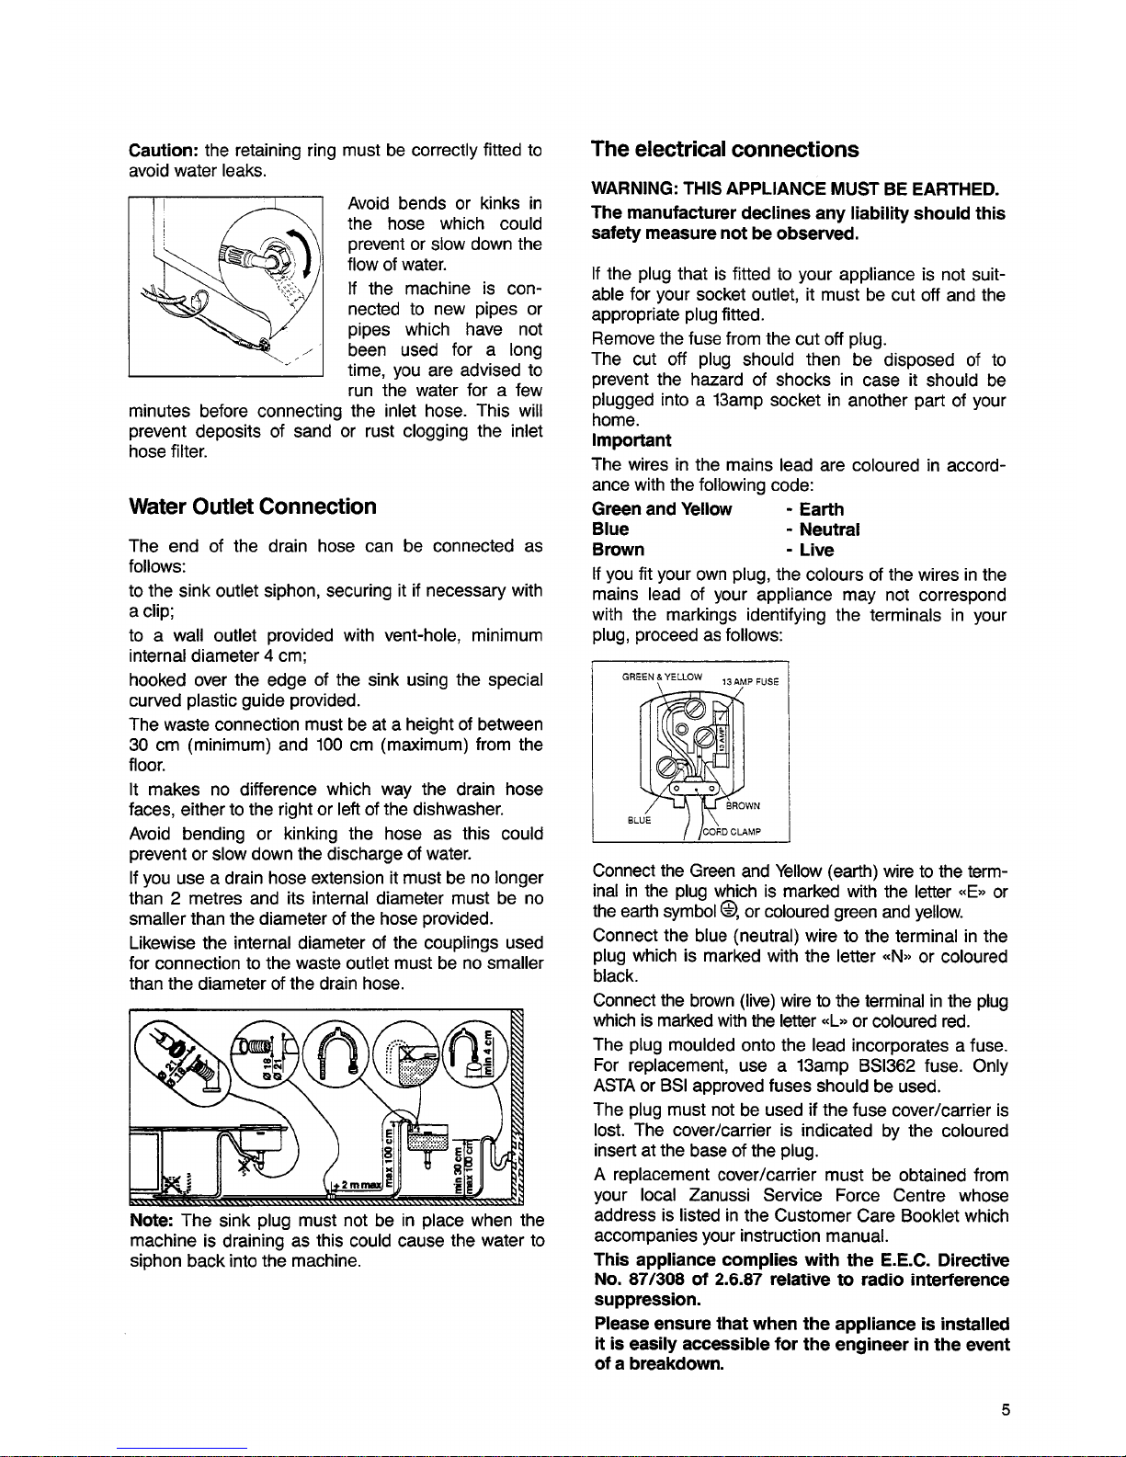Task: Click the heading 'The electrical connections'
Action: click(x=725, y=149)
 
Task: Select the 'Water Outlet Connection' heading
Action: click(x=253, y=507)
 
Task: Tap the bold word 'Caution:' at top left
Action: click(x=164, y=150)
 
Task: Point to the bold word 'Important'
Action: click(x=631, y=441)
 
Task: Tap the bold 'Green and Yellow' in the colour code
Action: click(x=662, y=509)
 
